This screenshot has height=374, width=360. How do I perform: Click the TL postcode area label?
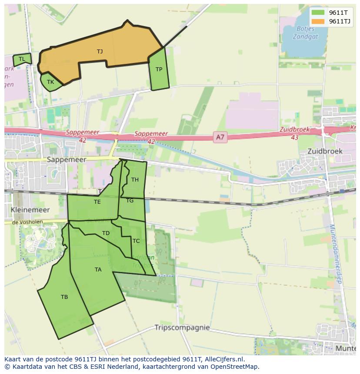22,59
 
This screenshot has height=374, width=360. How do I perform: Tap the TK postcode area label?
50,82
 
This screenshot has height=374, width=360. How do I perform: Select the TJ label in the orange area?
100,52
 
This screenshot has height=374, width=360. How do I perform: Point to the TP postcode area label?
159,70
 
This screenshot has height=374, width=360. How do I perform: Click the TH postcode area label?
135,180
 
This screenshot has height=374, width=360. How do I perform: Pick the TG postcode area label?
130,201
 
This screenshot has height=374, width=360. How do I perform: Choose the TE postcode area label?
97,202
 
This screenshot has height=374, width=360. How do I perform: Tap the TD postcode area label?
106,233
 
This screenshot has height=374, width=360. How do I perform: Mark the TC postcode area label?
136,241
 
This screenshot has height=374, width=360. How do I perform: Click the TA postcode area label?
98,270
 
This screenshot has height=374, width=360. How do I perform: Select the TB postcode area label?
64,297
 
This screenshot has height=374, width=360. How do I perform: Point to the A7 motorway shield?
220,137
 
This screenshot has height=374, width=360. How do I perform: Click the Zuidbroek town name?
325,151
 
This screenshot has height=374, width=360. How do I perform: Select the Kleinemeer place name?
30,210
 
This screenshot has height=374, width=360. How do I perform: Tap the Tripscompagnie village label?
182,328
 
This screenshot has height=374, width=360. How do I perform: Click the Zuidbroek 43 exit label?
294,133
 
